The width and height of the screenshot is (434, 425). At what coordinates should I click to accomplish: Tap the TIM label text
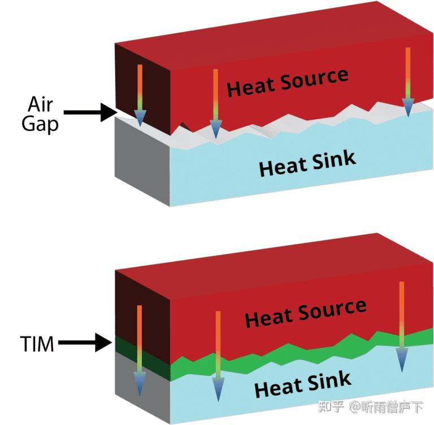point(36,343)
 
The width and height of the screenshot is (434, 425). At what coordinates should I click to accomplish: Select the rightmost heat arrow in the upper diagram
point(408,82)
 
